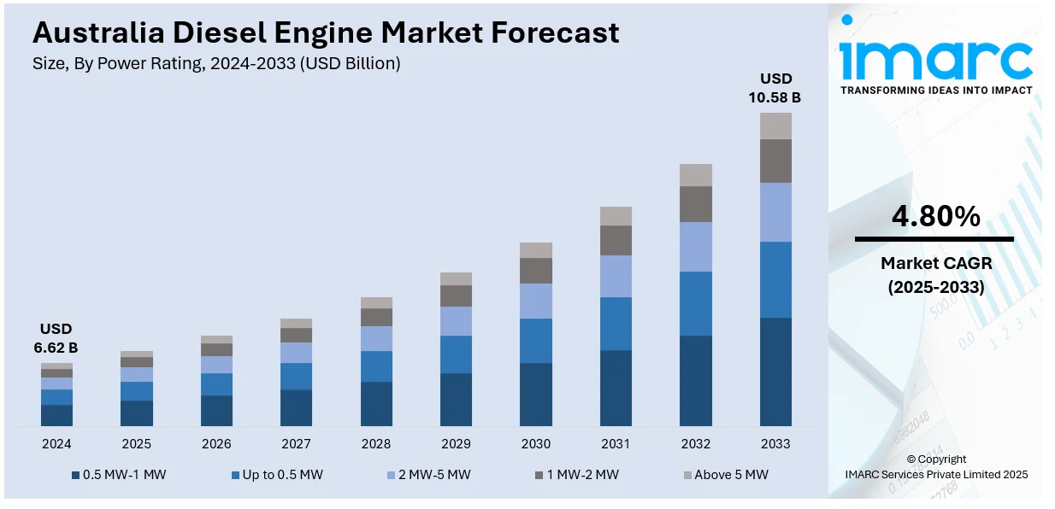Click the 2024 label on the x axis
point(56,444)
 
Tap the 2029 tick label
point(456,444)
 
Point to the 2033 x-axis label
point(775,444)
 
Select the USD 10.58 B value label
point(775,88)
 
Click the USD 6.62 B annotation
point(56,338)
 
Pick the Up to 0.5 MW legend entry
point(277,475)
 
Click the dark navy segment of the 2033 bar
point(775,372)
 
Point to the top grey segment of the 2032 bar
point(696,175)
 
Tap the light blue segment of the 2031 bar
point(616,276)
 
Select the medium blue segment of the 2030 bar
point(536,341)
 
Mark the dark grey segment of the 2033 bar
point(775,161)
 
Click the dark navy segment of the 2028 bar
point(376,403)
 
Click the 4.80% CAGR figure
point(935,217)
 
